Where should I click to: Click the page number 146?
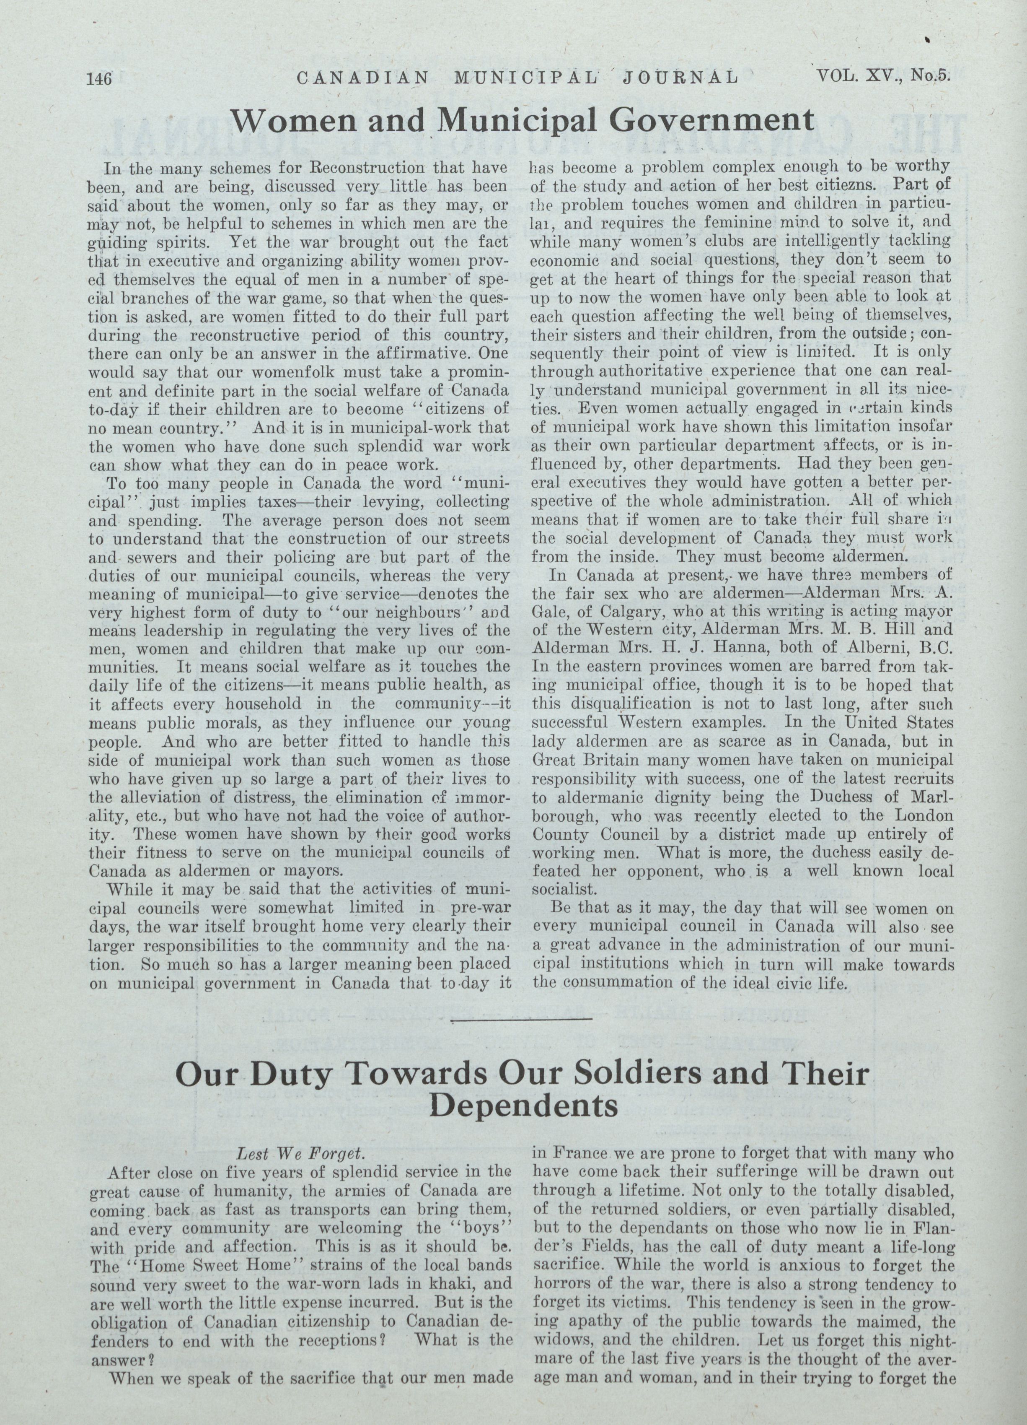pos(99,78)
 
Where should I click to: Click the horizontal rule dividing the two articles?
pos(521,1018)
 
